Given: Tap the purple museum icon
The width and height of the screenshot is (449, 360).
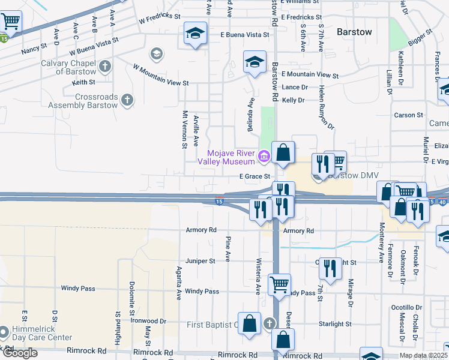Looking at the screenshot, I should coord(263,158).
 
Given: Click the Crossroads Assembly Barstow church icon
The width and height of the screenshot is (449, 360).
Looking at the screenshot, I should coord(127,100).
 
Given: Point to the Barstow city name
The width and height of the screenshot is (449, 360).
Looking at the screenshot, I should coord(354,31).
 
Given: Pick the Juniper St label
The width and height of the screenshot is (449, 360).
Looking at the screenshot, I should coord(200,261).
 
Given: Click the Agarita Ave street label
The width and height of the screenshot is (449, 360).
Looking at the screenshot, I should coord(178,283).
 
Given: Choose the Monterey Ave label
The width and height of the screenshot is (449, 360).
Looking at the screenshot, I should coord(381,242).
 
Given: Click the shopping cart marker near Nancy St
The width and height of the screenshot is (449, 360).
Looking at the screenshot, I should coord(11,22).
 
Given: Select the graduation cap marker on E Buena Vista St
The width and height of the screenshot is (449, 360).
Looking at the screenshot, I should coord(194,34).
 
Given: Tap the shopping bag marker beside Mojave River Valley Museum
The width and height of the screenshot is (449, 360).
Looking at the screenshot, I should coord(283,154).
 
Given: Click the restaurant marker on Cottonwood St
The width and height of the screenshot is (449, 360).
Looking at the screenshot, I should coord(329,268).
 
